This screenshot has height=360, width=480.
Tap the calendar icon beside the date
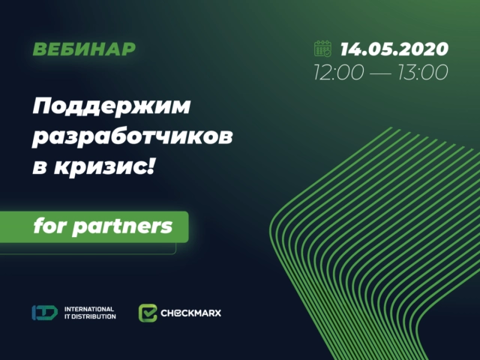point(322,49)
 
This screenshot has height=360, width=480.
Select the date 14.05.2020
point(394,50)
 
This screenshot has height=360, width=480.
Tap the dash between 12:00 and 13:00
point(381,73)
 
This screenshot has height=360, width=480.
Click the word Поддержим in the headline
point(111,108)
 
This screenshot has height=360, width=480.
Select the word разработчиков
point(132,139)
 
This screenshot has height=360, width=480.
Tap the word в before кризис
point(40,169)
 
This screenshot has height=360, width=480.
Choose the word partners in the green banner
point(122,226)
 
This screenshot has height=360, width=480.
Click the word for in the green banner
point(50,225)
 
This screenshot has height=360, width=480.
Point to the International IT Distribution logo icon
point(44,313)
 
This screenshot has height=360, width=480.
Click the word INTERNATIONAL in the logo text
point(89,308)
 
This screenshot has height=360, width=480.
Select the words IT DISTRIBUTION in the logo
point(91,317)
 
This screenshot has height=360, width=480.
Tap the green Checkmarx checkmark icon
point(148,313)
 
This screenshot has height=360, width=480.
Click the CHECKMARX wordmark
point(191,313)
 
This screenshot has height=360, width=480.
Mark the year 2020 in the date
point(425,50)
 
